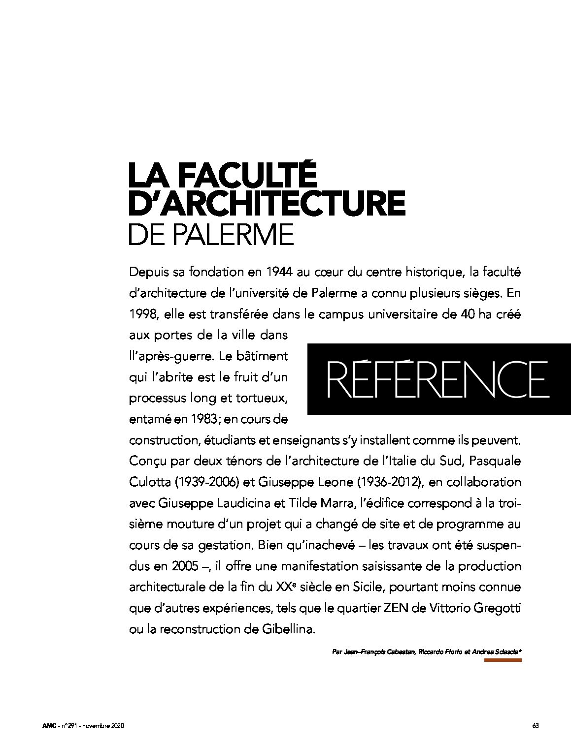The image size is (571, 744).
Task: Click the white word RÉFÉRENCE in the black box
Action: (x=437, y=379)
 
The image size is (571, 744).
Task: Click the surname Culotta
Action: (x=148, y=482)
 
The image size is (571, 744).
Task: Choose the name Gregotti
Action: (x=497, y=608)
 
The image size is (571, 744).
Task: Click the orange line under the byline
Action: (x=502, y=660)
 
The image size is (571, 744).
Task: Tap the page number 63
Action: (x=535, y=726)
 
